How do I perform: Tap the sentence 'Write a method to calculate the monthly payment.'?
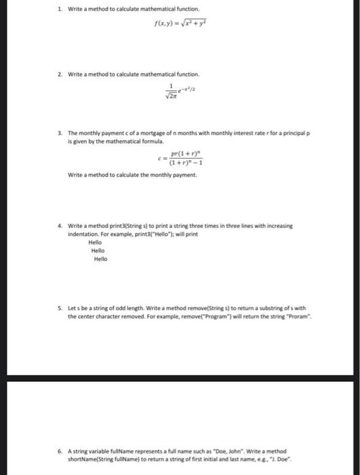click(123, 176)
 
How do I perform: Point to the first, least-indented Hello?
click(95, 242)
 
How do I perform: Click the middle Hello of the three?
click(98, 250)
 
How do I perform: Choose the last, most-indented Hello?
click(100, 259)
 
